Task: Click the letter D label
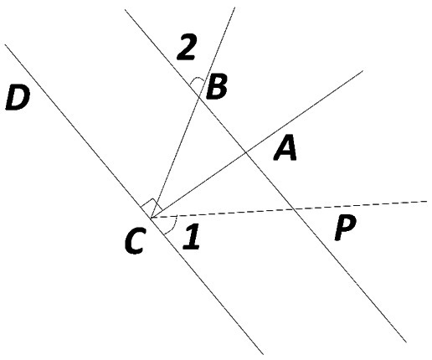[x=18, y=98]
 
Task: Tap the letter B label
[x=216, y=87]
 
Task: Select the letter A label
[x=285, y=147]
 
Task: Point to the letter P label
[x=345, y=228]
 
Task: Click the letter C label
[x=135, y=240]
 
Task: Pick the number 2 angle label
[x=186, y=47]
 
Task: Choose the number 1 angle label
[x=192, y=236]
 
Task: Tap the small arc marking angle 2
[x=197, y=79]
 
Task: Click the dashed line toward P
[x=289, y=208]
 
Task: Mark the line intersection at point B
[x=199, y=97]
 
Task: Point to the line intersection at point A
[x=245, y=152]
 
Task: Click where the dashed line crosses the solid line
[x=294, y=208]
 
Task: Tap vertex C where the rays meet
[x=151, y=217]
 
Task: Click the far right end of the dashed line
[x=427, y=201]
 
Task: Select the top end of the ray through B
[x=234, y=8]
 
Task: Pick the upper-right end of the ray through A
[x=363, y=71]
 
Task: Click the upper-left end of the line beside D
[x=5, y=44]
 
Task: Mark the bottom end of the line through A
[x=406, y=342]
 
